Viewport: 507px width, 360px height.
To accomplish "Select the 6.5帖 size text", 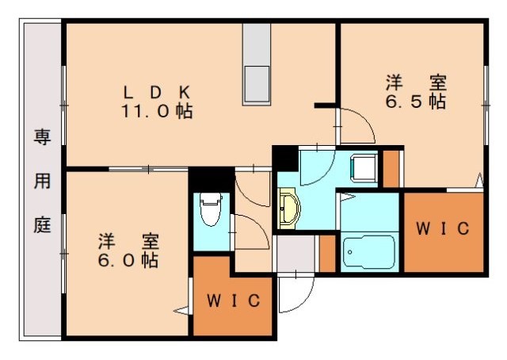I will point(415,101).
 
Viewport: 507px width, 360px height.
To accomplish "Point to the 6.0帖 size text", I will point(128,259).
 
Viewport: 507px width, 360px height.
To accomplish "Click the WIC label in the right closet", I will point(444,229).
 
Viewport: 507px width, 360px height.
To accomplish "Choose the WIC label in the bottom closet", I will point(234,301).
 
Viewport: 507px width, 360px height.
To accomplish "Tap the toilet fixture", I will point(210,209).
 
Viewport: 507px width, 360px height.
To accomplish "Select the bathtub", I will point(370,252).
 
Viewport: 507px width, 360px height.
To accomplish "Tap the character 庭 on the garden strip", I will point(41,224).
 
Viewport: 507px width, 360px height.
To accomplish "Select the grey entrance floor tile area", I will point(294,253).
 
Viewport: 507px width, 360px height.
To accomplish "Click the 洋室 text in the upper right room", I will point(415,82).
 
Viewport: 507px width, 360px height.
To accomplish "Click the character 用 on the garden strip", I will point(41,182).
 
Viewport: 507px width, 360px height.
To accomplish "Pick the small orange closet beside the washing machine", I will point(391,168).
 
